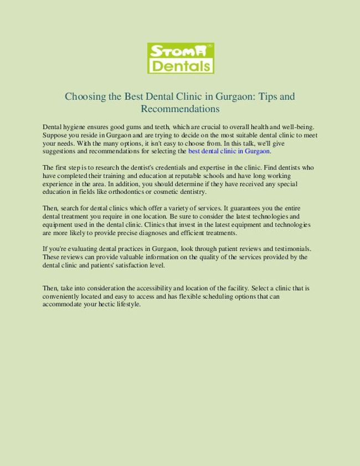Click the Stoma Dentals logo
(x=181, y=58)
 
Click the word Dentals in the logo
(x=181, y=66)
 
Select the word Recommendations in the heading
(x=180, y=109)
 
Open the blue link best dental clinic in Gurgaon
(x=229, y=151)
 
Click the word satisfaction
(x=130, y=265)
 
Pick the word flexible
(x=192, y=296)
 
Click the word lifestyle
(x=127, y=304)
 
